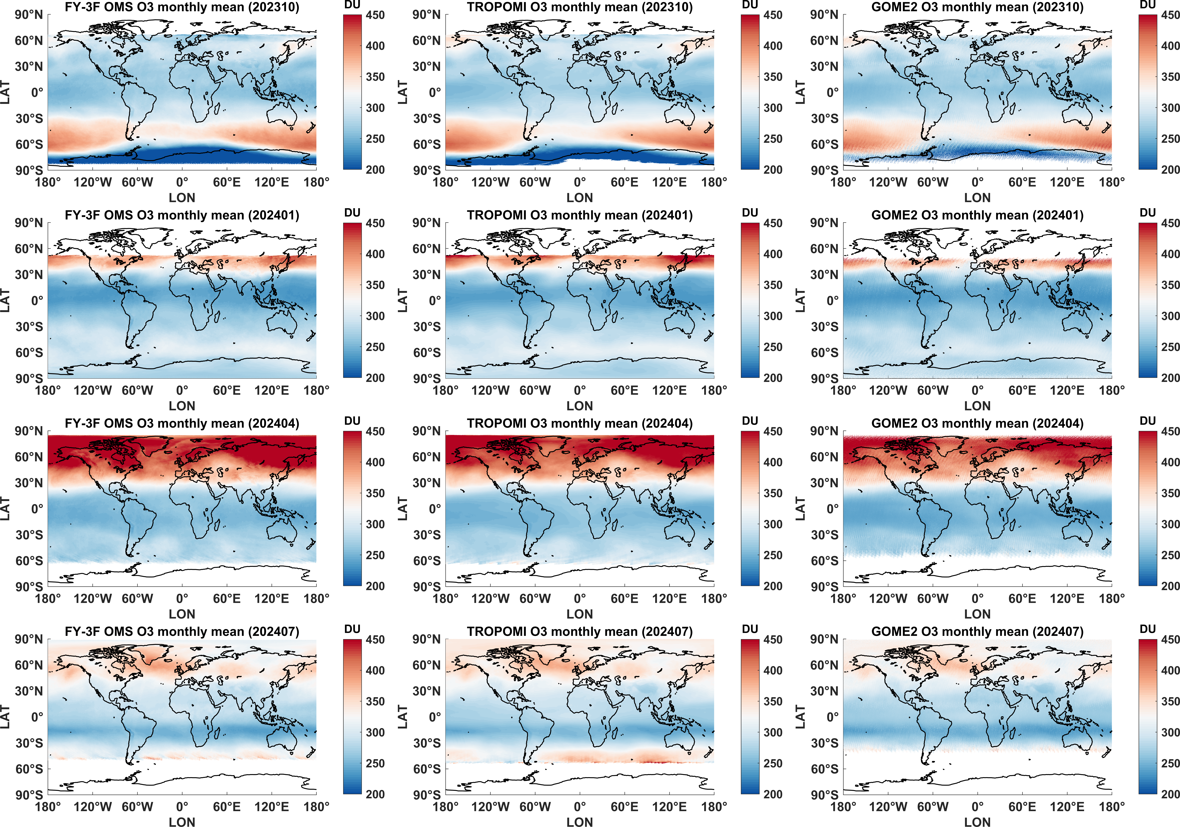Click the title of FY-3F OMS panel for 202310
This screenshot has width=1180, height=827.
tap(182, 7)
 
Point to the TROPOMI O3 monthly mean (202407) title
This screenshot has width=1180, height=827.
tap(580, 632)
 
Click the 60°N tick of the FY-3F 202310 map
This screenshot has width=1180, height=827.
tap(29, 41)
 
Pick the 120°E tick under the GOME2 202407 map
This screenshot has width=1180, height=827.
tap(1067, 806)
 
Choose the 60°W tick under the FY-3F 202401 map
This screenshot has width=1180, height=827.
tap(137, 390)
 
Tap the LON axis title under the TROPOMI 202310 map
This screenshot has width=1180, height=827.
tap(580, 197)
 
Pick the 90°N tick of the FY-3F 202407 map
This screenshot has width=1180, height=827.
tap(29, 639)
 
